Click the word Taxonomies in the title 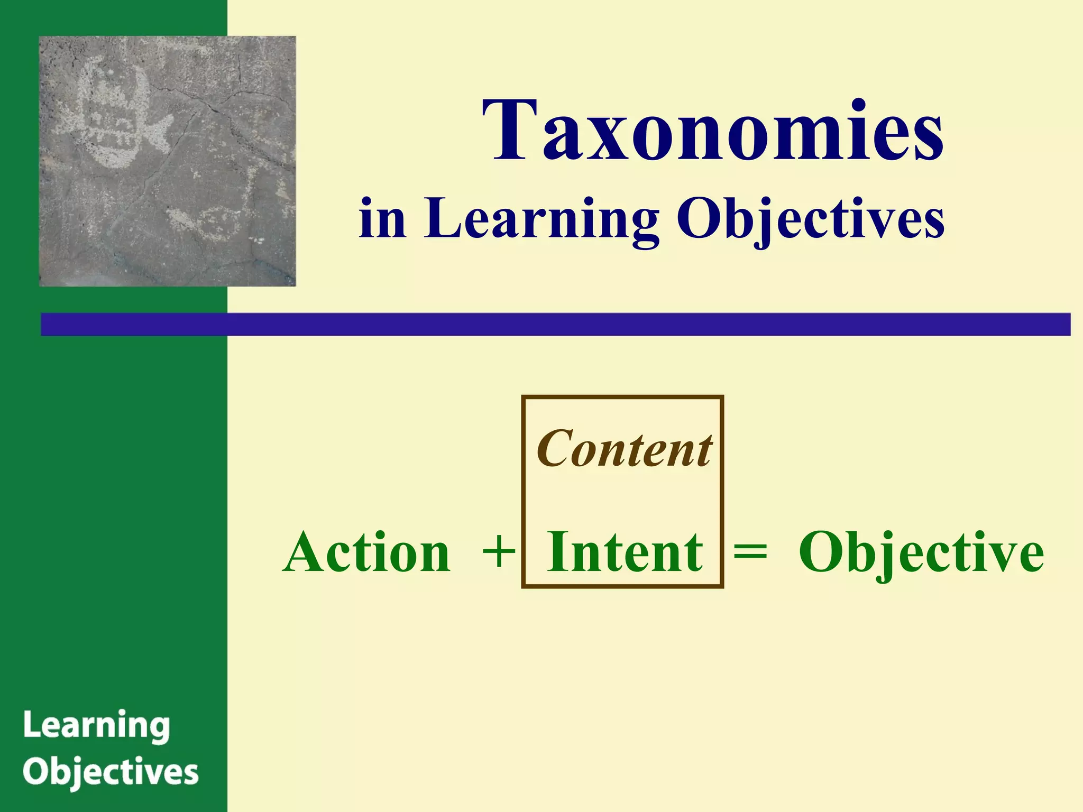pos(712,131)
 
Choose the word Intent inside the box pos(625,552)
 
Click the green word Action pos(367,552)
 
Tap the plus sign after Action pos(498,552)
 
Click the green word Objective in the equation pos(921,552)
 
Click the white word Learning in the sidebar pos(97,726)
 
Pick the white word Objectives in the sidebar pos(111,773)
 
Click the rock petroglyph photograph pos(167,161)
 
